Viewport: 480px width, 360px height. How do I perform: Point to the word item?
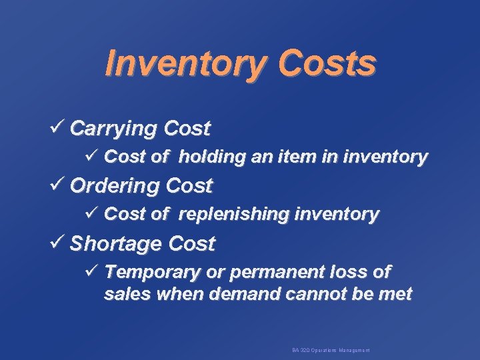[x=300, y=157]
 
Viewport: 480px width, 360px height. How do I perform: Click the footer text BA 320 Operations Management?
[x=331, y=350]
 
